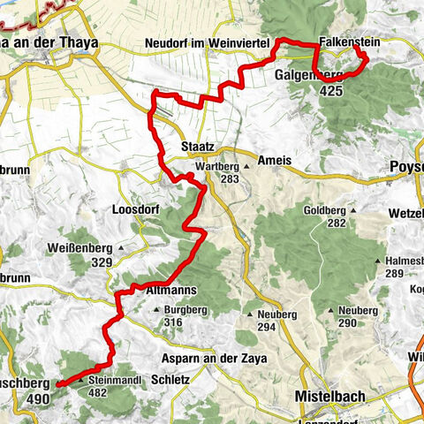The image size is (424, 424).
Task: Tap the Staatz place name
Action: coord(195,146)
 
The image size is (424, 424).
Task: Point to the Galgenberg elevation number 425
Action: coord(333,89)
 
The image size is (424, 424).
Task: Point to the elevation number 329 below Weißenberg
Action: coord(104,263)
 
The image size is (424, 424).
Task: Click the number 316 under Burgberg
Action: coord(172,322)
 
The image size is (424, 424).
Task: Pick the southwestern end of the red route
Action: coord(58,385)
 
